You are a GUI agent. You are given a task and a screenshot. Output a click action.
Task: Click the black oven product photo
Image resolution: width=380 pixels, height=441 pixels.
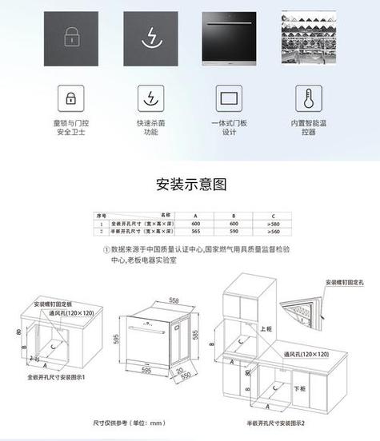(x=230, y=37)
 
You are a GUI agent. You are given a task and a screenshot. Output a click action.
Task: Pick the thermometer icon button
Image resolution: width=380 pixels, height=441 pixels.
(x=308, y=99)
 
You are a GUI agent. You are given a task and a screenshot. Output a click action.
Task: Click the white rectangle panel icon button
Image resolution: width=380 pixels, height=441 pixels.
(x=230, y=99)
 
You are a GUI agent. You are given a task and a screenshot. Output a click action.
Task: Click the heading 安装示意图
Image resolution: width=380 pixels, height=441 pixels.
(x=190, y=185)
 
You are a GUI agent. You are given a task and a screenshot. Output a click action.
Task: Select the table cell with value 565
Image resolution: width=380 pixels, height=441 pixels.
(x=196, y=230)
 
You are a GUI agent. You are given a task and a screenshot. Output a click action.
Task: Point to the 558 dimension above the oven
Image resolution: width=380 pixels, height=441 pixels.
(x=174, y=300)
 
